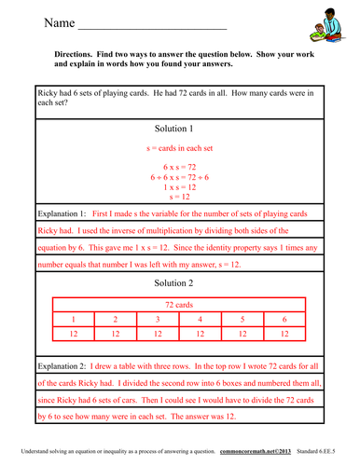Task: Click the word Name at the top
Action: [x=58, y=21]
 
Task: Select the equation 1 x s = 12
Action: [x=179, y=186]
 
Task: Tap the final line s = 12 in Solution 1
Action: [x=179, y=197]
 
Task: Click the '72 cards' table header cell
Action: [x=179, y=304]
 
